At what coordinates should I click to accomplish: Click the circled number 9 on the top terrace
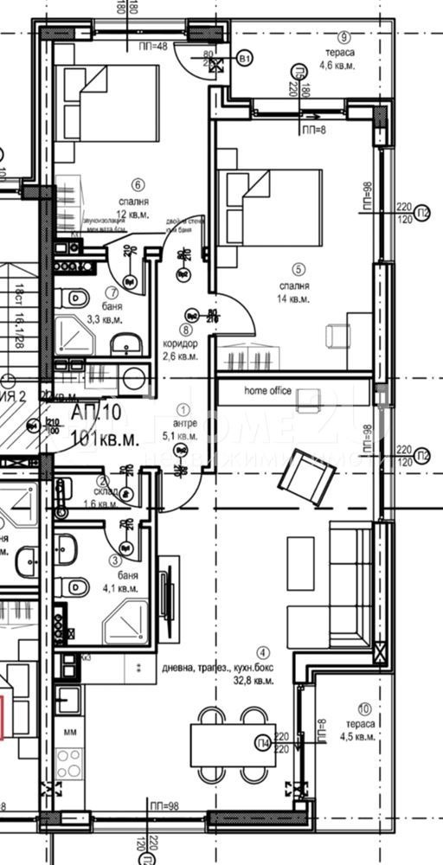pos(344,36)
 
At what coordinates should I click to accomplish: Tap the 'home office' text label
pos(267,391)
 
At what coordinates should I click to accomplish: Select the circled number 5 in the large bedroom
pos(299,269)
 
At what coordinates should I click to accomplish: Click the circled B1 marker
pos(246,59)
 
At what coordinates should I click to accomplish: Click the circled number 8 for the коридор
pos(184,329)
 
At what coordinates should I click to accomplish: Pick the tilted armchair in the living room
pos(310,477)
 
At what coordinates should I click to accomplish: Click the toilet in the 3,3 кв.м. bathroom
pos(74,298)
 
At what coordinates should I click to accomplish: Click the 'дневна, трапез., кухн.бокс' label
pos(217,668)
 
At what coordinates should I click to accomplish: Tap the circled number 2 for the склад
pos(103,482)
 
